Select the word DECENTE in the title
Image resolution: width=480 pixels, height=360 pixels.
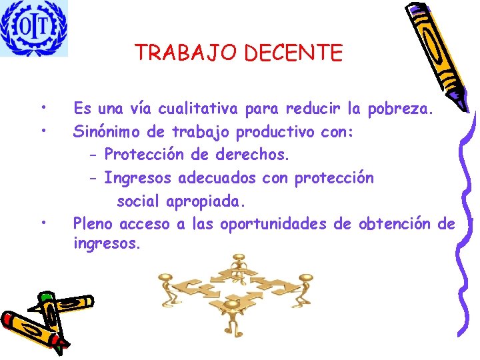tap(293, 53)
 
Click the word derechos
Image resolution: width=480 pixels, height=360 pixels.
tap(253, 155)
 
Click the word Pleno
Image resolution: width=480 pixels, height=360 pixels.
tap(93, 224)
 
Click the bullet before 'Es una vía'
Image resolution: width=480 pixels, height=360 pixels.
tap(42, 107)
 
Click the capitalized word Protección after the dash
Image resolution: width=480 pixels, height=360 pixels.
tap(144, 155)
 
